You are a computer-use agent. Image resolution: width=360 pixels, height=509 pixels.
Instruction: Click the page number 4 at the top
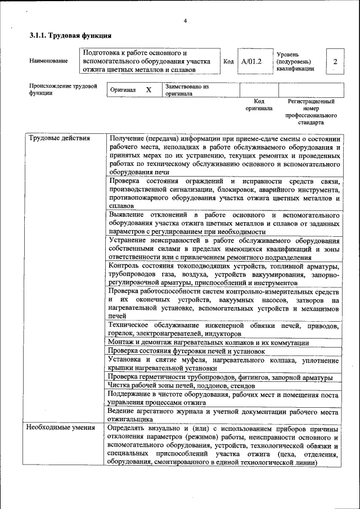[184, 21]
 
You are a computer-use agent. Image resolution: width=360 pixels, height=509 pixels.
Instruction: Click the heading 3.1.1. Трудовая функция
[70, 36]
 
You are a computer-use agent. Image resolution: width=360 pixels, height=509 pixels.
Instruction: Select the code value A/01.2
[251, 61]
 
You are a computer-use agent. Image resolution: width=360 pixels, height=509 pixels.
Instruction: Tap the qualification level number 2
[335, 61]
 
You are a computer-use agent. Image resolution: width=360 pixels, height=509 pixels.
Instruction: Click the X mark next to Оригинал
[148, 90]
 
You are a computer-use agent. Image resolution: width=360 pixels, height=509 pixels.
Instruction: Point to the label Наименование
[49, 61]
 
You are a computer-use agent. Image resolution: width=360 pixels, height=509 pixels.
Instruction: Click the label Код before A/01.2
[228, 61]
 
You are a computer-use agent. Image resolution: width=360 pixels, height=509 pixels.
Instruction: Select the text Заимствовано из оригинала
[187, 91]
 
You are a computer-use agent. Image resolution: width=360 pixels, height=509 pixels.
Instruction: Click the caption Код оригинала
[259, 105]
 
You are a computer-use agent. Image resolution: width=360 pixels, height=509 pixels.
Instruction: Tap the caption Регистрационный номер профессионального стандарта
[311, 111]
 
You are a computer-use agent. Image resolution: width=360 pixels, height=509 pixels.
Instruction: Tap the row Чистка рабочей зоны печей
[182, 386]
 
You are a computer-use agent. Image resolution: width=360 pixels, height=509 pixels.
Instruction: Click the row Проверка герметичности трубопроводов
[220, 377]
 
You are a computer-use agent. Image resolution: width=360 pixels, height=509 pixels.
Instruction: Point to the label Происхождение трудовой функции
[62, 90]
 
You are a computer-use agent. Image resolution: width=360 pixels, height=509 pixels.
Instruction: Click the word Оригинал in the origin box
[123, 90]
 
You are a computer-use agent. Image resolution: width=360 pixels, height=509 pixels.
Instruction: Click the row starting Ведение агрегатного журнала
[223, 415]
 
